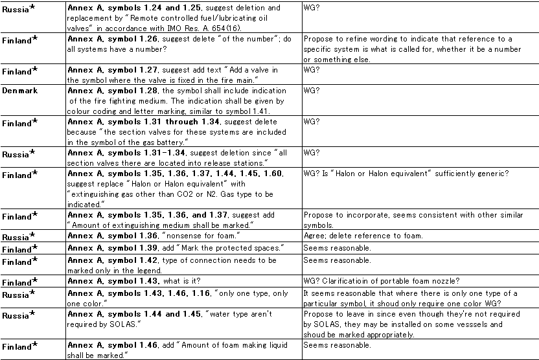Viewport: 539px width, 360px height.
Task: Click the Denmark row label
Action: [19, 91]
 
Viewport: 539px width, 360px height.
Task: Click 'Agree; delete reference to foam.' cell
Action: [363, 236]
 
